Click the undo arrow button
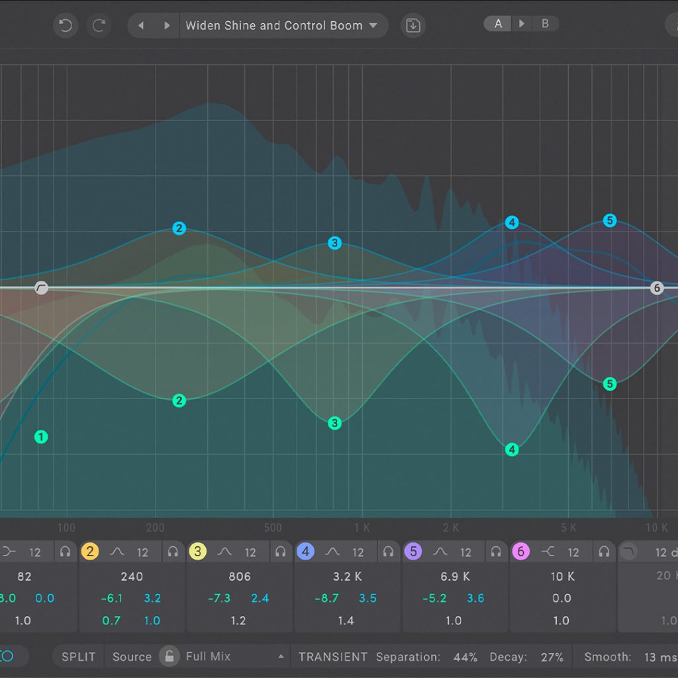65,26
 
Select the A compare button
498,24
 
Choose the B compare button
546,24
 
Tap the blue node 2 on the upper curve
179,228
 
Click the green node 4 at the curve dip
512,450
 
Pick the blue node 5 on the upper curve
610,220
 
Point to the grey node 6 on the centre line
656,288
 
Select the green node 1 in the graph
41,437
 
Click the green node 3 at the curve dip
335,423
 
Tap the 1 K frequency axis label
362,528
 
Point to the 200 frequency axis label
155,528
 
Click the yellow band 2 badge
90,552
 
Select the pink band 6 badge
520,552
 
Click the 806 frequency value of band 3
239,577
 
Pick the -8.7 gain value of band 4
327,599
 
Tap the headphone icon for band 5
495,552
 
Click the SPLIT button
78,657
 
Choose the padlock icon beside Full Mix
169,657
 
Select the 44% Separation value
465,657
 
